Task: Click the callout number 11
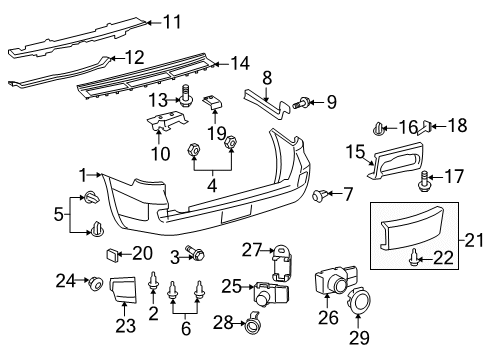tap(173, 19)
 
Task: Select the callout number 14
tap(239, 63)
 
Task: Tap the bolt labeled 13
tap(186, 97)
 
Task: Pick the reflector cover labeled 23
tap(124, 290)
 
